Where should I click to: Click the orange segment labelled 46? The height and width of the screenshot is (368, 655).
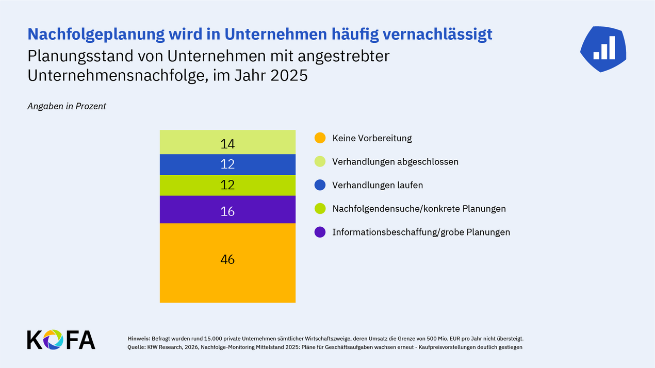point(227,263)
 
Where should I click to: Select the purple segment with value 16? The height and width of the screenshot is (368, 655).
point(227,210)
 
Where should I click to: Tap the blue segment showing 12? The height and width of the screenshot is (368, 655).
point(227,164)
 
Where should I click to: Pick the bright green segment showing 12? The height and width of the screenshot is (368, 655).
point(227,185)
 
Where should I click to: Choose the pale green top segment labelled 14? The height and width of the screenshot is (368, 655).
point(227,143)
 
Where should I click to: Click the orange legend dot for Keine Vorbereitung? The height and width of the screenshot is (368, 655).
point(320,138)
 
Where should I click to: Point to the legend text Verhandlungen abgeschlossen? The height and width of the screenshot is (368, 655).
point(395,162)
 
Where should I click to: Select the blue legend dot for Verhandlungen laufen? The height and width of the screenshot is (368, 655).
point(320,185)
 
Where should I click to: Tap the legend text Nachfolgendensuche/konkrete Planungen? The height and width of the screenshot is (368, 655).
point(419,209)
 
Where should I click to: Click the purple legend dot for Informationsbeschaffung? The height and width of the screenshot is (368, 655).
point(320,232)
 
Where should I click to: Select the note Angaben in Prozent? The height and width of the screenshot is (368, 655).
point(67,106)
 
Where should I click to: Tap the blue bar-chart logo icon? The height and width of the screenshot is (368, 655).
point(603,48)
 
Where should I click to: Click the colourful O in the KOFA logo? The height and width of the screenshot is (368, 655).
point(53,340)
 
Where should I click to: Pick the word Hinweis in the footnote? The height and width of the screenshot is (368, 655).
point(138,339)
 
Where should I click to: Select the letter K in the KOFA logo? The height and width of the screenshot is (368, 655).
point(34,340)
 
